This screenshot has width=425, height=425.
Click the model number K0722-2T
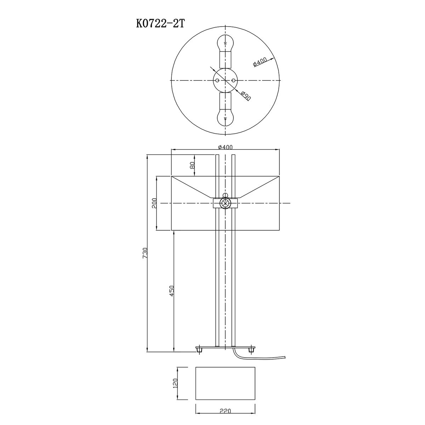160,24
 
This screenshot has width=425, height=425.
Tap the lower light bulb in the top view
225,118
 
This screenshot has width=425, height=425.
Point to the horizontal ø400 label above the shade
225,147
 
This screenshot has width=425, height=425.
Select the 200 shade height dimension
154,203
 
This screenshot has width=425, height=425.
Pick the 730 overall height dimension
145,253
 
